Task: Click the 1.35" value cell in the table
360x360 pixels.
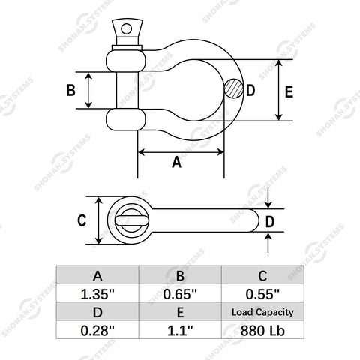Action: coord(97,293)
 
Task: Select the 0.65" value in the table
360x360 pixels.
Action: coord(180,293)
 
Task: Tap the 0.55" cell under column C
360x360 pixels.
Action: coord(262,293)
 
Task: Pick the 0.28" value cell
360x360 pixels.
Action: coord(97,330)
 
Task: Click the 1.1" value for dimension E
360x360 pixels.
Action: coord(180,330)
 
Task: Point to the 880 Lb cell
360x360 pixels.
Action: coord(262,330)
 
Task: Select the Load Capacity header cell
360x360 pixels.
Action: coord(262,312)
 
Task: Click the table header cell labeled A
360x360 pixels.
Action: coord(97,275)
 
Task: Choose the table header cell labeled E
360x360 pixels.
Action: coord(180,312)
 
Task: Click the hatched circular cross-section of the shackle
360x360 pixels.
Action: coord(233,88)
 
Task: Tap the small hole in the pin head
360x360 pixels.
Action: coord(126,28)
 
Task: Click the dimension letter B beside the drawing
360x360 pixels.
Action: coord(71,90)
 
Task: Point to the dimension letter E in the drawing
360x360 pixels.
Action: coord(289,91)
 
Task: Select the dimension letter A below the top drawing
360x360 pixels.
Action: coord(177,162)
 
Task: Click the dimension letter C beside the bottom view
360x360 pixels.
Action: coord(82,220)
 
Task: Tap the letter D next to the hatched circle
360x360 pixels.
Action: coord(250,90)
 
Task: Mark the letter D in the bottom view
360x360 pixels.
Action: coord(270,222)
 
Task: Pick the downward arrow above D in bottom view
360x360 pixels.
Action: coord(268,198)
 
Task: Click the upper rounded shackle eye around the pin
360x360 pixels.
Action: coord(126,61)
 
